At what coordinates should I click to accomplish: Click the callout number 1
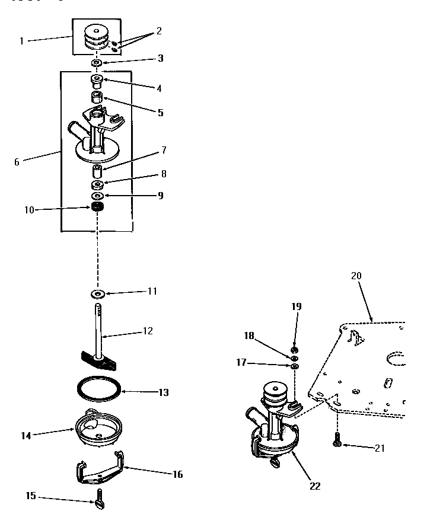point(22,41)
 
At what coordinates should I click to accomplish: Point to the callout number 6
point(17,161)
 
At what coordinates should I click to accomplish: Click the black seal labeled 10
point(96,208)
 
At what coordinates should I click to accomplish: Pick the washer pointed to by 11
point(97,293)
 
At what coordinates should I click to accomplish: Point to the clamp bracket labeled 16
point(99,467)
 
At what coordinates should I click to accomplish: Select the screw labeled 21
point(337,439)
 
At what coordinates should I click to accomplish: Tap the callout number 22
point(315,486)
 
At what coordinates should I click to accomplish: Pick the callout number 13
point(163,392)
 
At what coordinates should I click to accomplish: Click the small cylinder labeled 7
point(97,173)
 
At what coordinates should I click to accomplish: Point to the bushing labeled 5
point(97,97)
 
